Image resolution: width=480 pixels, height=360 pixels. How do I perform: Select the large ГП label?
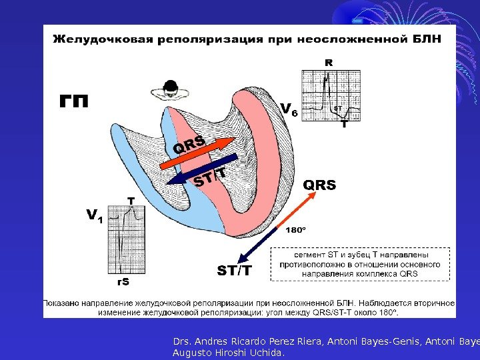click(73, 102)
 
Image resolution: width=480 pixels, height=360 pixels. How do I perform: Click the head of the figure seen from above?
click(169, 87)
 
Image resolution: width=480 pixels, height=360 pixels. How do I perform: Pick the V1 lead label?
click(93, 216)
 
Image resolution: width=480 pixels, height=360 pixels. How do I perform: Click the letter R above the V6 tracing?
click(328, 62)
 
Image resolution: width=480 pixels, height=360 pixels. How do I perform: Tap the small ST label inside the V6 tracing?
click(338, 107)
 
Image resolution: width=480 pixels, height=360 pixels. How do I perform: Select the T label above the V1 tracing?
click(131, 200)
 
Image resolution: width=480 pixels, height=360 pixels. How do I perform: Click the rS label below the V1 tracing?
click(123, 282)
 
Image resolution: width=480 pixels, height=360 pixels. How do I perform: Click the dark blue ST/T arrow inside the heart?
click(201, 169)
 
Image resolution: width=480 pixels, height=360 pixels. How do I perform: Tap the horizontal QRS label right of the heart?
click(320, 185)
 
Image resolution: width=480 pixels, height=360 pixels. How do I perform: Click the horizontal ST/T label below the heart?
click(235, 270)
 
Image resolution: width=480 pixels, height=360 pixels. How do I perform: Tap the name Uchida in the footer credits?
click(266, 353)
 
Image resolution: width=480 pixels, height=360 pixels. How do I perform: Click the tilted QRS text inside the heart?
click(189, 143)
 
